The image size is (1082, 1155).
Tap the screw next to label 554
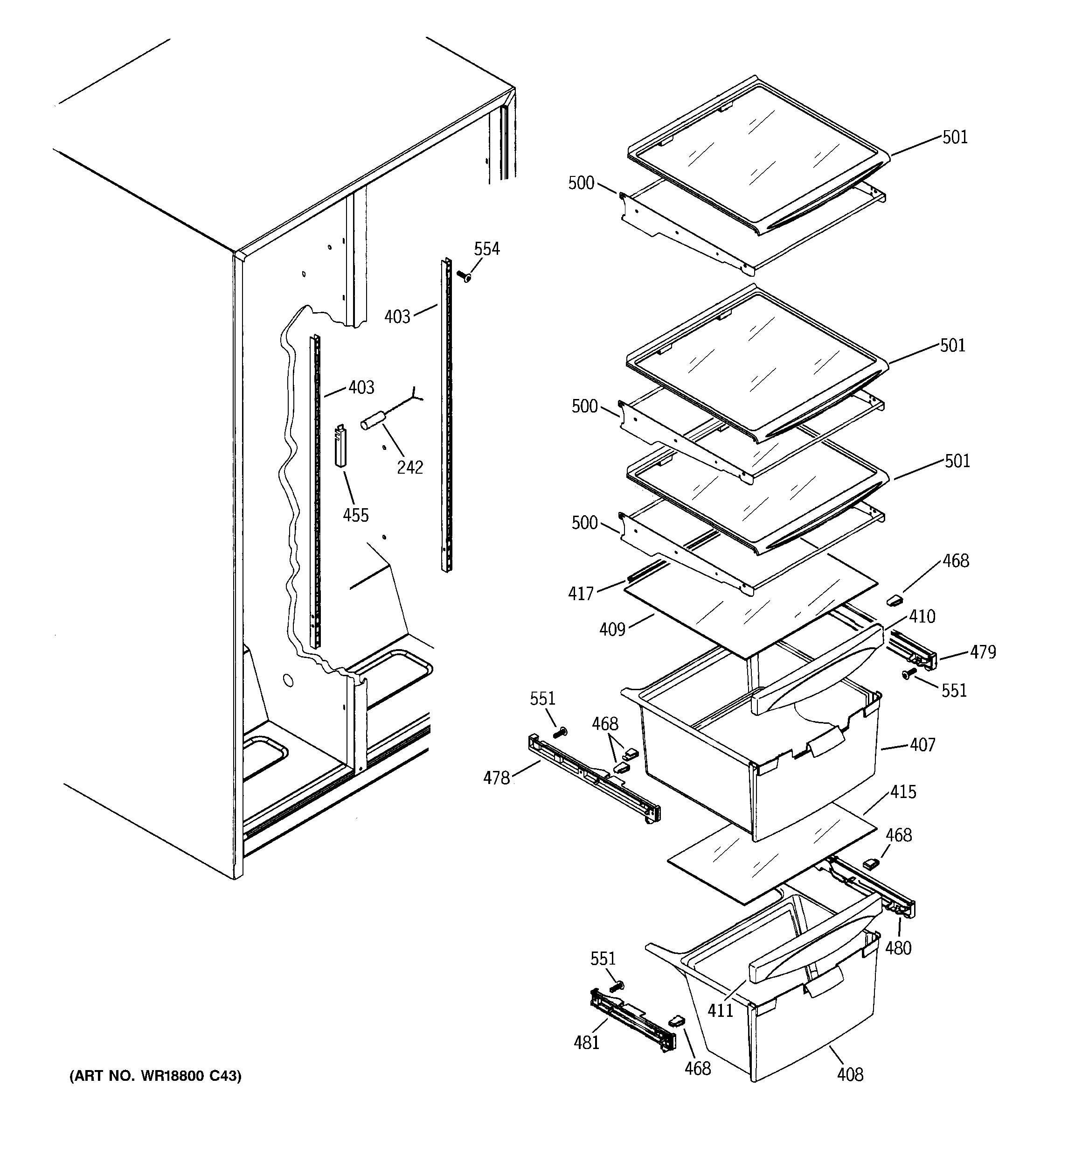coord(464,276)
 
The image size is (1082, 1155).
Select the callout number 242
coord(409,467)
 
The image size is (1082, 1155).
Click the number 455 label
coord(355,515)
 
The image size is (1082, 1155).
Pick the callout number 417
coord(581,593)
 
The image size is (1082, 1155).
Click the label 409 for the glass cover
coord(612,629)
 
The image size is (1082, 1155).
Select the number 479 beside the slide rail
coord(983,652)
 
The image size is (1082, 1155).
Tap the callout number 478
coord(497,778)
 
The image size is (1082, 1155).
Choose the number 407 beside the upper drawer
coord(922,745)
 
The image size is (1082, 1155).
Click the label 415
coord(903,792)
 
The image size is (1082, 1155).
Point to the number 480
coord(898,948)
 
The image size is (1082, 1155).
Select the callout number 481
coord(586,1043)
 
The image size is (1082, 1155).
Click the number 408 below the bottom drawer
coord(850,1075)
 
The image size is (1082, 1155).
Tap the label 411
coord(720,1011)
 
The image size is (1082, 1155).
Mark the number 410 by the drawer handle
coord(922,616)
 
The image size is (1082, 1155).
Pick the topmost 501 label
coord(955,138)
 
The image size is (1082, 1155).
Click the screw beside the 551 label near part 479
coord(907,674)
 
